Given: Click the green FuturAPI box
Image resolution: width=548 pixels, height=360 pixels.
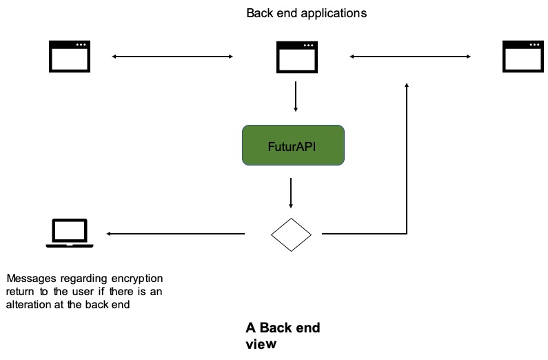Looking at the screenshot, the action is click(x=293, y=145).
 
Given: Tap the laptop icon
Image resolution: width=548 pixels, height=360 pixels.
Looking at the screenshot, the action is click(x=70, y=233).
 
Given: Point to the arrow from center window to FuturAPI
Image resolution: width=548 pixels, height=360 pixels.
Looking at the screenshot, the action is click(x=296, y=97).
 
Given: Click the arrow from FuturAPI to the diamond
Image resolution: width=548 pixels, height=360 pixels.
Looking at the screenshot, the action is click(x=291, y=193).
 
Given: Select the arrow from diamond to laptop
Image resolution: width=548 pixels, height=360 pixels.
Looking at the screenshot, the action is click(x=176, y=234).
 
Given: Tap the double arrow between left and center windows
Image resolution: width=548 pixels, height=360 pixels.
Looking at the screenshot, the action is click(x=172, y=57).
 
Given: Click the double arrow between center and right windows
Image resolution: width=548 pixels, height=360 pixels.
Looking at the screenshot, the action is click(x=410, y=57).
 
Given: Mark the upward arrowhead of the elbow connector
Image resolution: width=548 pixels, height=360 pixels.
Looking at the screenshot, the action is click(x=407, y=84).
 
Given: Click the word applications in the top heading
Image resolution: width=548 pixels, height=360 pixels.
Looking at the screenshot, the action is click(x=334, y=13).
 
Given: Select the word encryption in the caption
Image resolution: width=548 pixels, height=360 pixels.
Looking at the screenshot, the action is click(x=137, y=279).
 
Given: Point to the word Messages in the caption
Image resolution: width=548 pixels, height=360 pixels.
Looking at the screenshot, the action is click(x=31, y=279).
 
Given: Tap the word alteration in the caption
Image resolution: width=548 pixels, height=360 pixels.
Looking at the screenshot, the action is click(x=29, y=304).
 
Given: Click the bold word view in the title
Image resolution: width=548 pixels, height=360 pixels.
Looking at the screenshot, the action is click(x=261, y=344).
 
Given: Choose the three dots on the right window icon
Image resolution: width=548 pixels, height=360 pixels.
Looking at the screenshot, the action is click(x=534, y=45).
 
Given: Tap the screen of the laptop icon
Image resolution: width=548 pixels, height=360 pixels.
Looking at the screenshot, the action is click(x=70, y=230).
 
